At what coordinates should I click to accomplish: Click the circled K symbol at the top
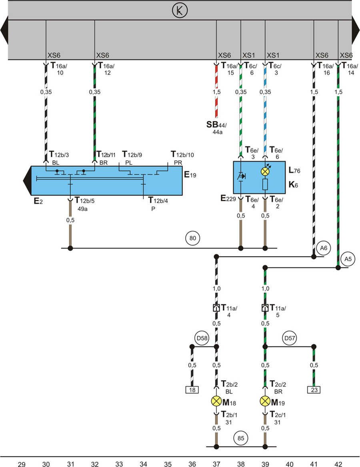coord(180,10)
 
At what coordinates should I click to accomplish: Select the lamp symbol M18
coord(216,401)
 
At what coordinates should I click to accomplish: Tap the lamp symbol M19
coord(265,401)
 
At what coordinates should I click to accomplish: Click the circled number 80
coord(193,238)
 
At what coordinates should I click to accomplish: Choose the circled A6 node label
coord(323,248)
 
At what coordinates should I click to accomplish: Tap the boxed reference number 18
coord(192,389)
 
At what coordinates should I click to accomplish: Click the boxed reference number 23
coord(314,389)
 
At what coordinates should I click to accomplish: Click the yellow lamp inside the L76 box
coord(265,171)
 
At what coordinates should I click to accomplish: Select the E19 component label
coord(190,175)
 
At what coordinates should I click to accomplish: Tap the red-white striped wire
coord(217,92)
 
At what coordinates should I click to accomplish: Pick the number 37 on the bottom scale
coord(216,464)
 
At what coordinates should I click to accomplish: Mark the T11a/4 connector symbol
coord(216,308)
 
